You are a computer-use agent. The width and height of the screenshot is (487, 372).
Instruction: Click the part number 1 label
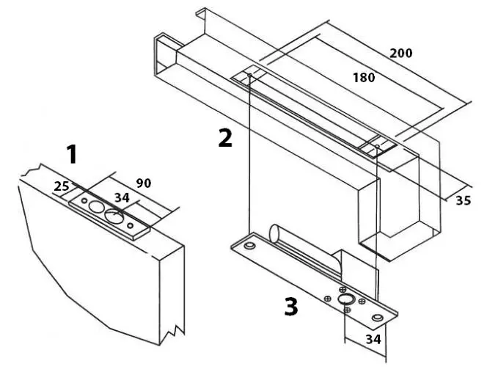pyautogui.click(x=71, y=155)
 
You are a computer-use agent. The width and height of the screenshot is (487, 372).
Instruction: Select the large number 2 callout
pyautogui.click(x=224, y=137)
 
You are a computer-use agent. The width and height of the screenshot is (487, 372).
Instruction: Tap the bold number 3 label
pyautogui.click(x=290, y=306)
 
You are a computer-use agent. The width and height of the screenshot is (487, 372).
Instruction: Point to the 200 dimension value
pyautogui.click(x=401, y=53)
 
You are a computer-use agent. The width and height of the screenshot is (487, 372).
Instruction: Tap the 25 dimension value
pyautogui.click(x=62, y=188)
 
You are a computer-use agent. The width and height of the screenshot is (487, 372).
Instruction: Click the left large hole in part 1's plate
pyautogui.click(x=97, y=209)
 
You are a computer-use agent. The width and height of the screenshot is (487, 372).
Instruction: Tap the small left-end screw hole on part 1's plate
pyautogui.click(x=85, y=201)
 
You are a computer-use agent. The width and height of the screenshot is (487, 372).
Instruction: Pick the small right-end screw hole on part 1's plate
pyautogui.click(x=131, y=226)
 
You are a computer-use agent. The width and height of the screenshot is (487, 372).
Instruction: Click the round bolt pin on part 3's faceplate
pyautogui.click(x=345, y=299)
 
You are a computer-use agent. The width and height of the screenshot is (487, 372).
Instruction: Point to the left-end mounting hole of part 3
pyautogui.click(x=250, y=244)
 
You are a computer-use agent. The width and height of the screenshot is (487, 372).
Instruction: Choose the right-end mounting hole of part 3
pyautogui.click(x=378, y=316)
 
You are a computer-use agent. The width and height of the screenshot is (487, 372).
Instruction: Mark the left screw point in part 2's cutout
pyautogui.click(x=250, y=75)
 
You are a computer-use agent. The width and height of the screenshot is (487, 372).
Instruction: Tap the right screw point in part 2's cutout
pyautogui.click(x=376, y=147)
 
